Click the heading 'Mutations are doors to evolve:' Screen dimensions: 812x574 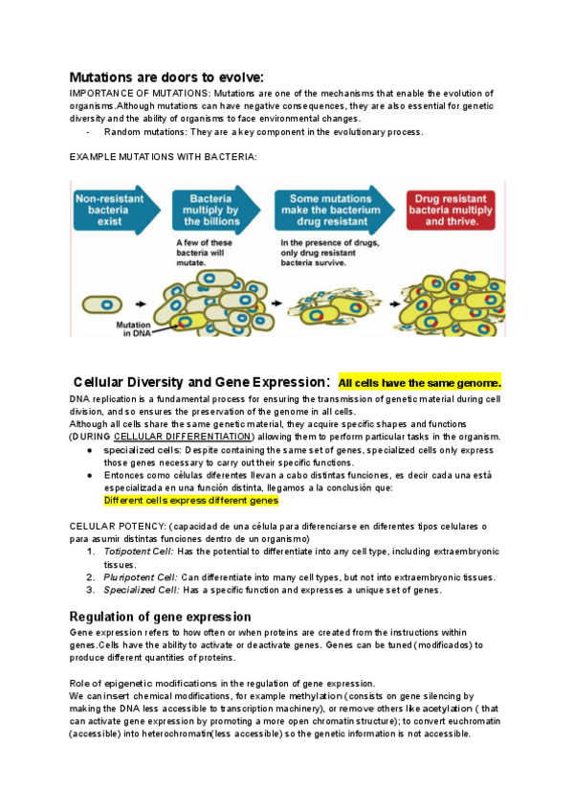coord(166,77)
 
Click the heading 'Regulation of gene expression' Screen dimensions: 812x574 coord(161,616)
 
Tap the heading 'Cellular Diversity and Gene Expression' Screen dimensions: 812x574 coord(201,382)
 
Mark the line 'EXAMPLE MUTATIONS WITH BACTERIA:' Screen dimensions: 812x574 coord(164,156)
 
